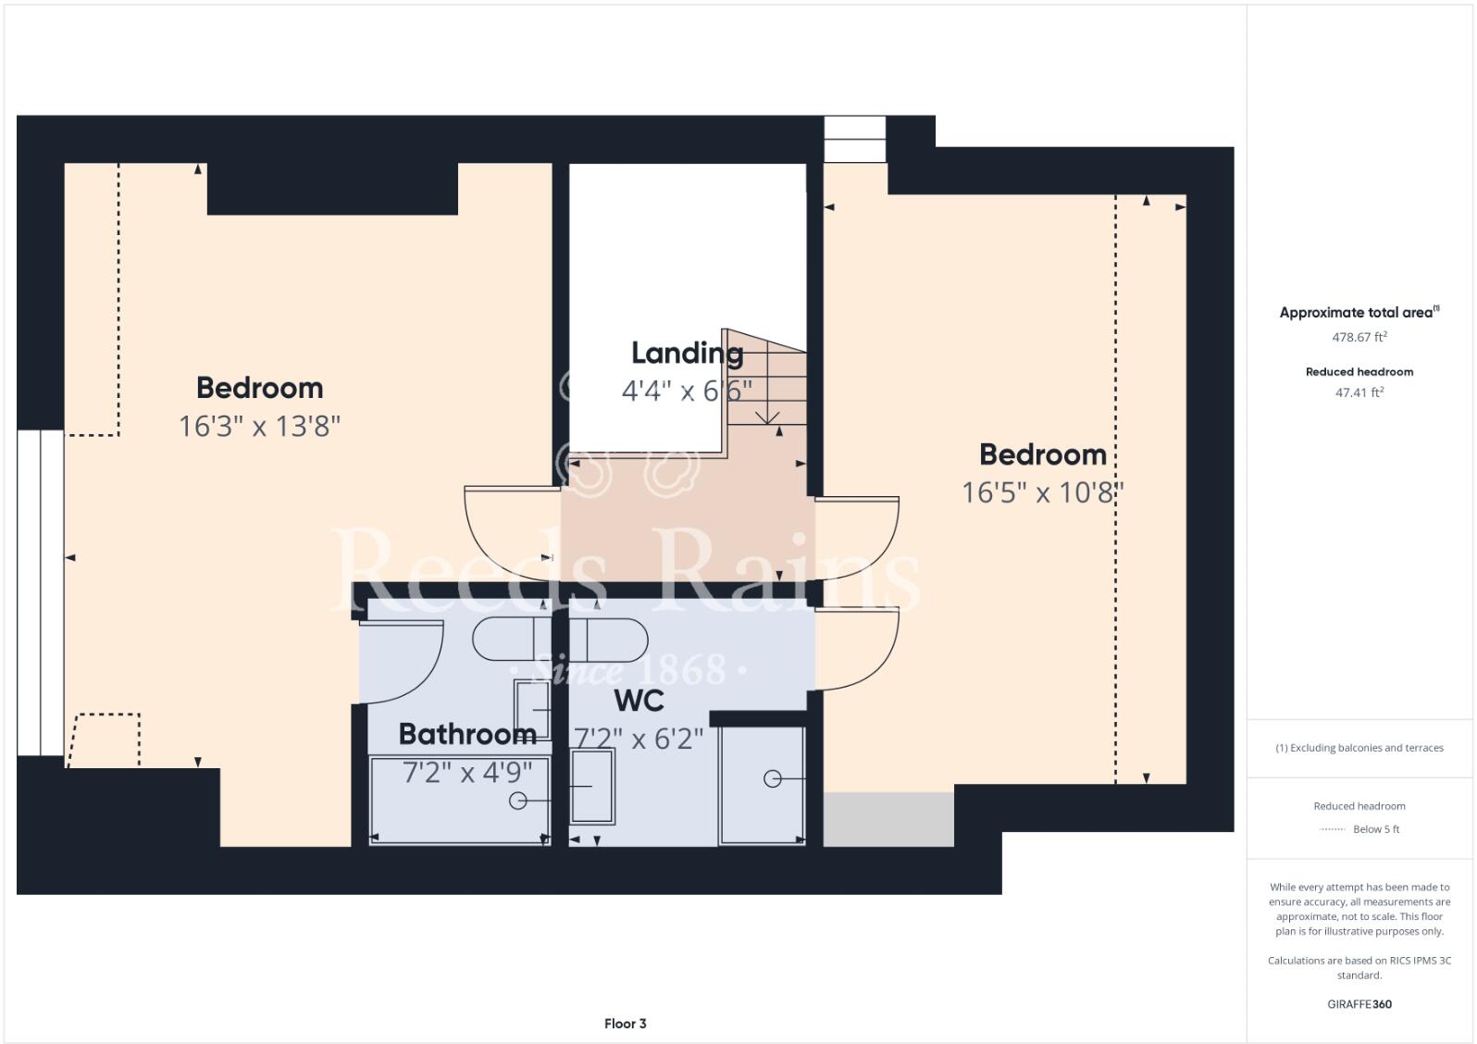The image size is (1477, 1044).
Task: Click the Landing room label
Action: (x=687, y=353)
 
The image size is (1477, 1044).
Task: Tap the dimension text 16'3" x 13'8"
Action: (x=259, y=426)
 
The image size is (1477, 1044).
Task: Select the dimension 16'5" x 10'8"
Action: (x=1042, y=492)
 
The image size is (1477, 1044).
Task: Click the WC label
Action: (x=639, y=701)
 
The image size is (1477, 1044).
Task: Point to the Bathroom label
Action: (x=467, y=734)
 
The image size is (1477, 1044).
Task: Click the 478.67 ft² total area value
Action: (x=1359, y=337)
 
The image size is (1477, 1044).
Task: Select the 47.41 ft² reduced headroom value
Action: (x=1359, y=392)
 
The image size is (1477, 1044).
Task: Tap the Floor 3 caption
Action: (x=625, y=1023)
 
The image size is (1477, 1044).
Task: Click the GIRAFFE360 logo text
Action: (x=1359, y=1004)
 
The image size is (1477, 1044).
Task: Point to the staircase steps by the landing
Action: (x=768, y=379)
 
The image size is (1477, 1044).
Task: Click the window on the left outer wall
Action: (x=40, y=592)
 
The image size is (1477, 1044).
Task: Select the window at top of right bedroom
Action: (x=854, y=139)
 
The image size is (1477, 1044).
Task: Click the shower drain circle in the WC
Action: (x=772, y=779)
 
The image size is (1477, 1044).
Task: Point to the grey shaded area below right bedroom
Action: (x=888, y=819)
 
